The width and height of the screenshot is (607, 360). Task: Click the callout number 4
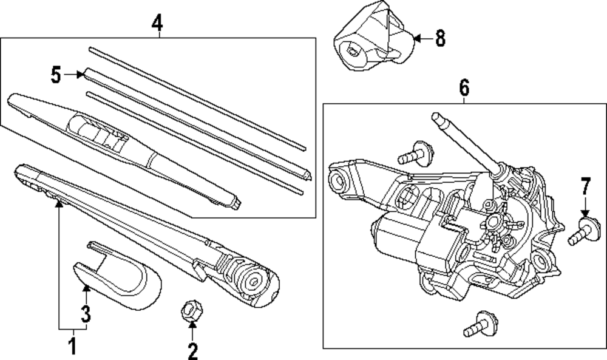(x=157, y=24)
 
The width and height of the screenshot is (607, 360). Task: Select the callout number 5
(x=56, y=75)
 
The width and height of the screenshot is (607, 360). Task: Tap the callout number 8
(x=439, y=39)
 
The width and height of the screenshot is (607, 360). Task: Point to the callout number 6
(x=464, y=89)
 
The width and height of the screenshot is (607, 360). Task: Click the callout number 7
(x=585, y=186)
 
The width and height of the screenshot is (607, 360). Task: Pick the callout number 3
(x=86, y=314)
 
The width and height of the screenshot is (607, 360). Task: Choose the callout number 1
(x=72, y=347)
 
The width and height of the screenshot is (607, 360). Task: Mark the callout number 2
(x=192, y=350)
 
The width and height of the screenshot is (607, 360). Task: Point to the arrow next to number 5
(x=75, y=75)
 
